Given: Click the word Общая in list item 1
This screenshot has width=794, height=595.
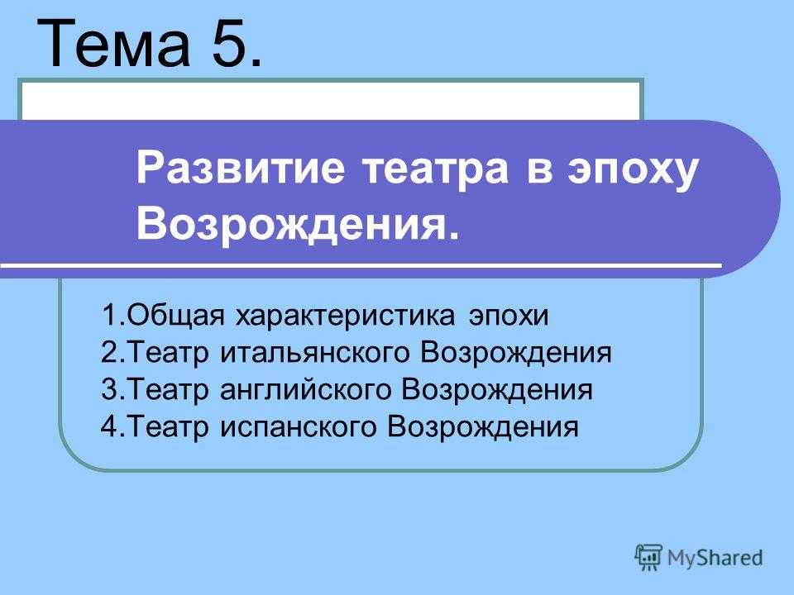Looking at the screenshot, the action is (175, 316).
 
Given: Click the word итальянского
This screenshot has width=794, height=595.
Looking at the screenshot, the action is (314, 353).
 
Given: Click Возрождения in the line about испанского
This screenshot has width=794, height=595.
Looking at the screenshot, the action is (482, 427).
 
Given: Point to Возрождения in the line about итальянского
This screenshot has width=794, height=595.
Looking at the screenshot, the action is (515, 353).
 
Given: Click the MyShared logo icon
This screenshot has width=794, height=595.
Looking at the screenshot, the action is (648, 558).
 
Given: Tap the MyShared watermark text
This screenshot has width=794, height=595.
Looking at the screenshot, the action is (715, 558).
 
